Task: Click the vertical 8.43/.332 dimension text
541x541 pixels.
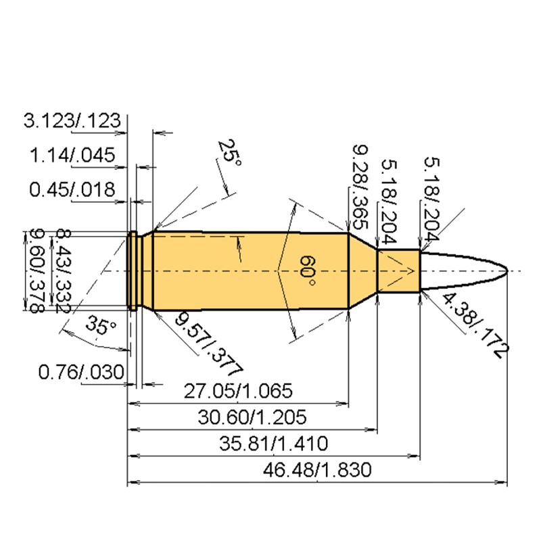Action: pyautogui.click(x=63, y=270)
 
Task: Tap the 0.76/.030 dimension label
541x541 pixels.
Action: pyautogui.click(x=81, y=371)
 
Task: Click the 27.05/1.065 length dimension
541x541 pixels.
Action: pyautogui.click(x=238, y=391)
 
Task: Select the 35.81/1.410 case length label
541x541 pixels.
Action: pyautogui.click(x=275, y=444)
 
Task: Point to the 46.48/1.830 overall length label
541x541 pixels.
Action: pyautogui.click(x=317, y=470)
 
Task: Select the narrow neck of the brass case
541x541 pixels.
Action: pyautogui.click(x=398, y=270)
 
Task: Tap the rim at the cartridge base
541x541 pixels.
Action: pyautogui.click(x=133, y=270)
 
